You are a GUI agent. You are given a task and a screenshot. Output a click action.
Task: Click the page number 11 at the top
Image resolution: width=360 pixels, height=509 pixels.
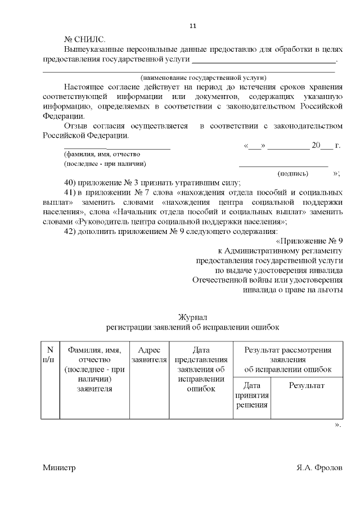[192, 26]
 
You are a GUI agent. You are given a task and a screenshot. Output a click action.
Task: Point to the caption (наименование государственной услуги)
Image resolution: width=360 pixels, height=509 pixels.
[203, 78]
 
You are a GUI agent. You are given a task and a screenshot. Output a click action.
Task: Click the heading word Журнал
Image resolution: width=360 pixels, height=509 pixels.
[193, 318]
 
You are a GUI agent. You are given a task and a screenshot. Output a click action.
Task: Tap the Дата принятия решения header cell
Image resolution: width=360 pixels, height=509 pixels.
[251, 395]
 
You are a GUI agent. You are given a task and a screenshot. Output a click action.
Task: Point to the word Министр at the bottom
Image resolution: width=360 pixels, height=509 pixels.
[58, 468]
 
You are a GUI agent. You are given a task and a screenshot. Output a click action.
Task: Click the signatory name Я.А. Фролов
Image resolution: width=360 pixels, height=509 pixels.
[319, 468]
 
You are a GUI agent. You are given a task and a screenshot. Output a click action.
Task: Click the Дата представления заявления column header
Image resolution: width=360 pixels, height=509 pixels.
[201, 369]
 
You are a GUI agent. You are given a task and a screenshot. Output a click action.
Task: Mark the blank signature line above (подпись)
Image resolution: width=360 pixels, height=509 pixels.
[283, 166]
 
